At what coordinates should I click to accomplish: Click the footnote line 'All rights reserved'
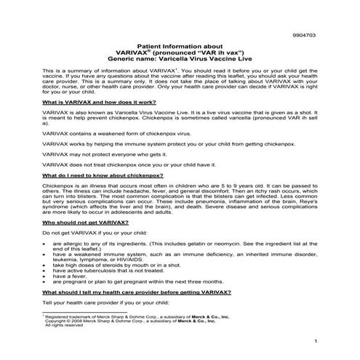63,324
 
